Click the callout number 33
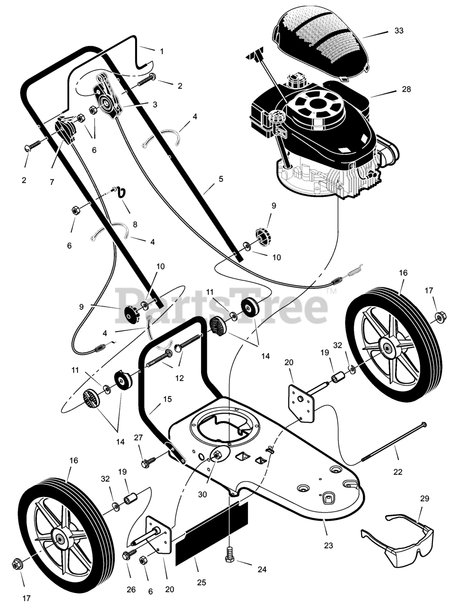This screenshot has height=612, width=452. [x=399, y=31]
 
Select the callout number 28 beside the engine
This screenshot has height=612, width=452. [x=406, y=89]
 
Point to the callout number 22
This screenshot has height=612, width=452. [x=398, y=472]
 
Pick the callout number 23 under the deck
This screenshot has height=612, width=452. [x=328, y=545]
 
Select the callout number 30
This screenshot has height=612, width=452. [x=203, y=494]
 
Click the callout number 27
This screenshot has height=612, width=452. [x=138, y=437]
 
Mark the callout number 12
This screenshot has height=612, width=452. [x=180, y=378]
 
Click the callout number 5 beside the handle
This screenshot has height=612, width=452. [x=221, y=179]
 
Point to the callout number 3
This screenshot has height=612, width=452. [x=155, y=104]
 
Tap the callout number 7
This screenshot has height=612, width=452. [x=52, y=182]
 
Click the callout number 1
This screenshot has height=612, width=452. [x=162, y=51]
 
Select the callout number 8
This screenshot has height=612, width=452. [x=135, y=224]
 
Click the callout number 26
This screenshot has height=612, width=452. [x=131, y=590]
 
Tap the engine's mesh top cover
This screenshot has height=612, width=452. [x=322, y=45]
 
